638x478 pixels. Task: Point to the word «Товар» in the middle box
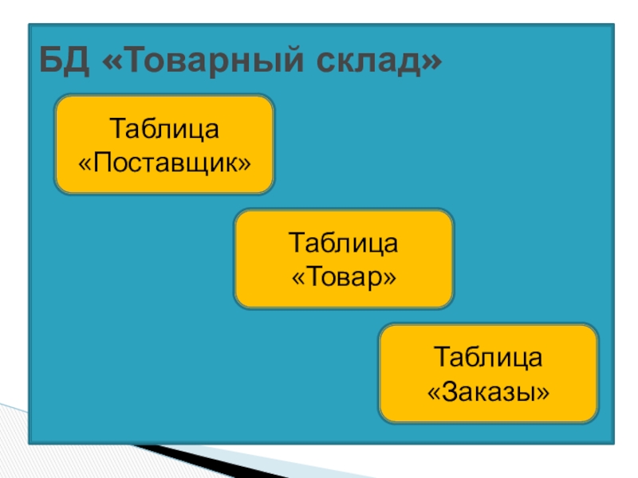[344, 277]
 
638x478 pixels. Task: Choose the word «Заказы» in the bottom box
[488, 391]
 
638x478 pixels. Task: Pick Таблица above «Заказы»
[488, 357]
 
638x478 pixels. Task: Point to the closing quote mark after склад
[431, 62]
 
